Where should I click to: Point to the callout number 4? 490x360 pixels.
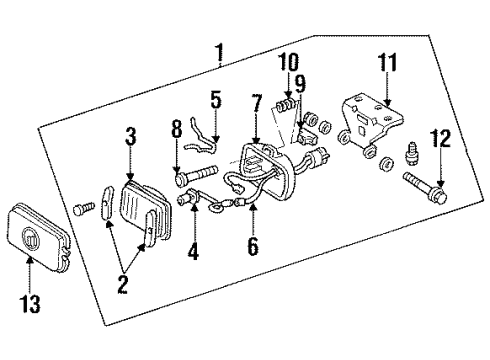coord(193,252)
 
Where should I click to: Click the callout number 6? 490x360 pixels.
coord(253,245)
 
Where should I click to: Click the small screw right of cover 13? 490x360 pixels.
coord(83,208)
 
